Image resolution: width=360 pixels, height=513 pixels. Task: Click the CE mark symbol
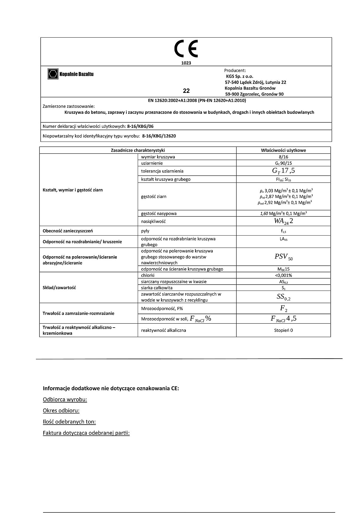[186, 49]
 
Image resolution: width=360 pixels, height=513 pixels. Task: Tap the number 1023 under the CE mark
[186, 63]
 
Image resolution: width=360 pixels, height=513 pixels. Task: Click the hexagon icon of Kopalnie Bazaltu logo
[53, 74]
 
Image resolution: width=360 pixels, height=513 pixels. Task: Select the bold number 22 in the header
[186, 91]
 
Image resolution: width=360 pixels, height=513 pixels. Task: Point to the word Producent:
[235, 70]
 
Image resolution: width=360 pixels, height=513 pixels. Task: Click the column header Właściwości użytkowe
[283, 150]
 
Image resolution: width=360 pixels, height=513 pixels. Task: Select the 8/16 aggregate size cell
[283, 157]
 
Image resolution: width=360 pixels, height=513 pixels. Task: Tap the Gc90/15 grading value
[283, 163]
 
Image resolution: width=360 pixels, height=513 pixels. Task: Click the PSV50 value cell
[283, 257]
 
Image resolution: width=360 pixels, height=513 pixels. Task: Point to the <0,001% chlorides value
[283, 275]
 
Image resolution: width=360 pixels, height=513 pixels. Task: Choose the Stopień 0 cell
[283, 330]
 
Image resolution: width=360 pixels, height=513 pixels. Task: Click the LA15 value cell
[283, 239]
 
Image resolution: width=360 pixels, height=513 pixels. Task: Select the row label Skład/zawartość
[59, 288]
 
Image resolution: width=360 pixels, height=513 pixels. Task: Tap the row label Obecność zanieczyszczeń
[68, 231]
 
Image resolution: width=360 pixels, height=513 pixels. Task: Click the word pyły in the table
[145, 231]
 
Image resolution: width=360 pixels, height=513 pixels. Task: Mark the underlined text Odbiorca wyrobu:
[65, 400]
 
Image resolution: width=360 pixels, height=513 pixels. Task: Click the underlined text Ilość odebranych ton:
[69, 422]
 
